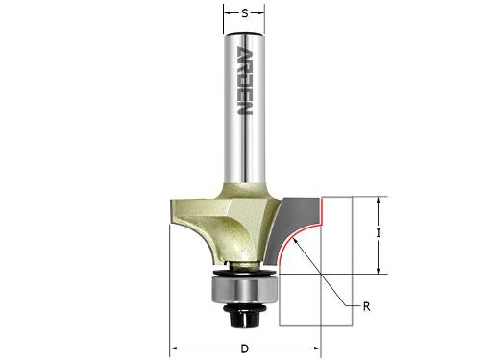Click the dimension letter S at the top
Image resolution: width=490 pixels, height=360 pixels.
pyautogui.click(x=245, y=13)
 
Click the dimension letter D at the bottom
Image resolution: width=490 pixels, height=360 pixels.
pyautogui.click(x=245, y=348)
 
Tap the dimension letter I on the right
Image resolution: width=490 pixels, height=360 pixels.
pyautogui.click(x=379, y=233)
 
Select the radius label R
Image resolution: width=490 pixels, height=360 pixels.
pyautogui.click(x=367, y=307)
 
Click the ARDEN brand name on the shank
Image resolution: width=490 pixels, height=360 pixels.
pyautogui.click(x=245, y=81)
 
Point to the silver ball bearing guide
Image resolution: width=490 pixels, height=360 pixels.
pyautogui.click(x=244, y=290)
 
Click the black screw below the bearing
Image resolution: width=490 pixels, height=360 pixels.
pyautogui.click(x=244, y=316)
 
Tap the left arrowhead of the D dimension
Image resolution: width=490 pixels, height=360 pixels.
pyautogui.click(x=173, y=348)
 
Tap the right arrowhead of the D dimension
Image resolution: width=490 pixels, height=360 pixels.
pyautogui.click(x=317, y=348)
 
